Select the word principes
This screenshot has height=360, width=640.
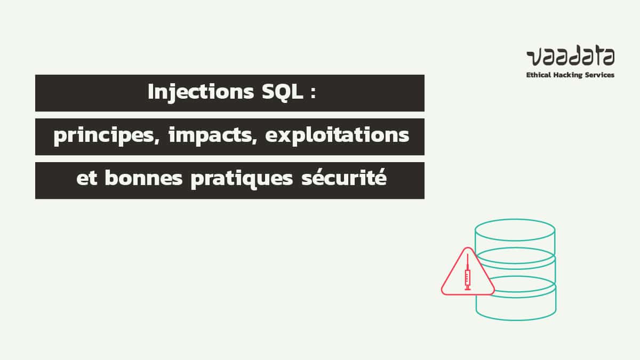(106, 137)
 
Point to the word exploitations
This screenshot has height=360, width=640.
(337, 137)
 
